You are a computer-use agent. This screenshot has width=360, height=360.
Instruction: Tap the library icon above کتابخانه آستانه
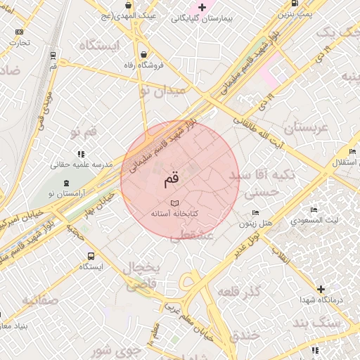tap(174, 202)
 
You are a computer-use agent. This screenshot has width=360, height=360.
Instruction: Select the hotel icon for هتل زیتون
tap(256, 213)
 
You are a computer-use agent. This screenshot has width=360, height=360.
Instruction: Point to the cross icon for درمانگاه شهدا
tap(321, 288)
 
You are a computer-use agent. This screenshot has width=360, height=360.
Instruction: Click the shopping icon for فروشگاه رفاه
tap(144, 54)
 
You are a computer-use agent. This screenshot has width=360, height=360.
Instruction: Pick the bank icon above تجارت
tap(18, 32)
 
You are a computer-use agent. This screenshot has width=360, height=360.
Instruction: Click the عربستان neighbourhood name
tap(306, 128)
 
